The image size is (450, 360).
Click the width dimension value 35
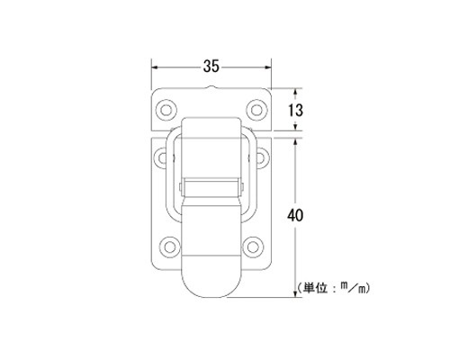click(x=211, y=67)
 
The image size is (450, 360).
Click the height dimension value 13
click(x=296, y=110)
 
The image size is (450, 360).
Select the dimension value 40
click(x=295, y=215)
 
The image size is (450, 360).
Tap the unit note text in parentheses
click(x=333, y=288)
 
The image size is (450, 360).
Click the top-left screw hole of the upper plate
click(x=166, y=110)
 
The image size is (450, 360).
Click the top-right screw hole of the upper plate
click(x=256, y=110)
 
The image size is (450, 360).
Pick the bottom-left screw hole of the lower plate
click(x=169, y=247)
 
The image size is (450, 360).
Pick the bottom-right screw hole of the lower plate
click(x=253, y=247)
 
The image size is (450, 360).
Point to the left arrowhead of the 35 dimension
click(x=155, y=67)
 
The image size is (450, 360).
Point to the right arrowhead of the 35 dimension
click(x=267, y=67)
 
